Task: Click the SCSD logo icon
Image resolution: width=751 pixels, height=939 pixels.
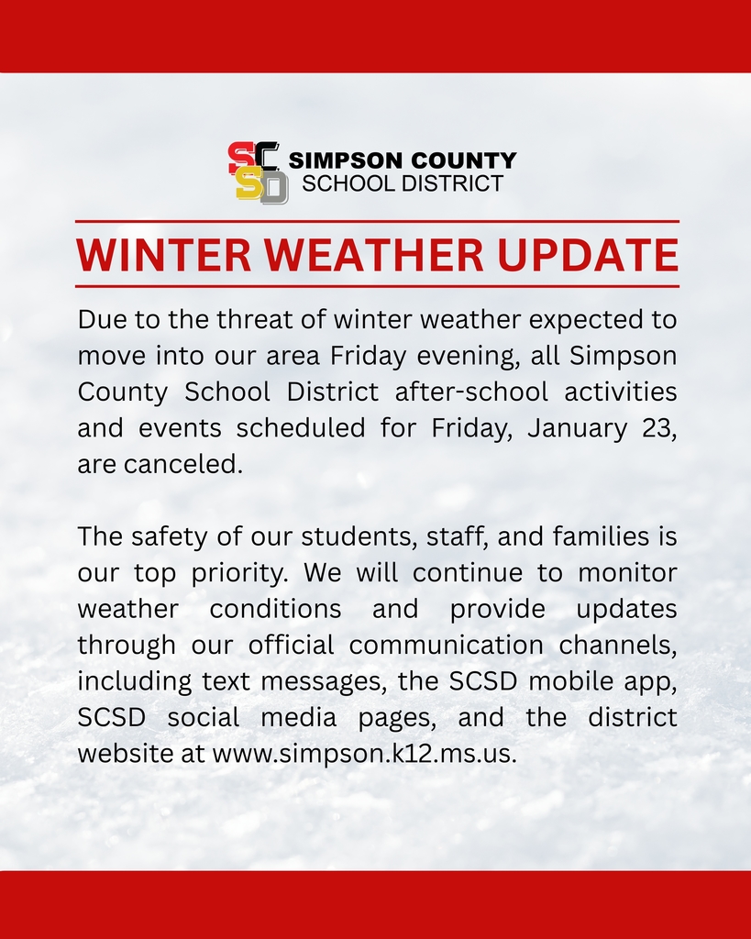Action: (258, 172)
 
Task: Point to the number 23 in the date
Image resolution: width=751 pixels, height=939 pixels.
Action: (661, 428)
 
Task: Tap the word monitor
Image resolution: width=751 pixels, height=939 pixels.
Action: (628, 572)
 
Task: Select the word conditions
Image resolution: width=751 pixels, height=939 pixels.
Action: (276, 609)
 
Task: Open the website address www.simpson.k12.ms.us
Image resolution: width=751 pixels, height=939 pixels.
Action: (365, 754)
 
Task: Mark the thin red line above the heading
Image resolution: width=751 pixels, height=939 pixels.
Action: (377, 222)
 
